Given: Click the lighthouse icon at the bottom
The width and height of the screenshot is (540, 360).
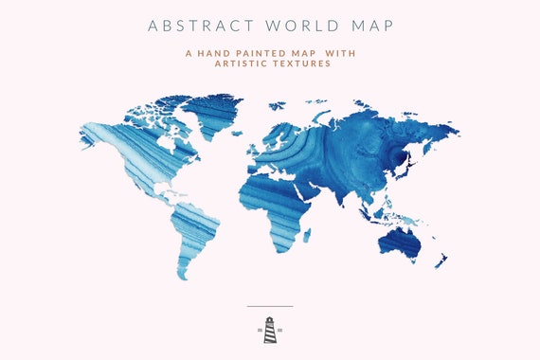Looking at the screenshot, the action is (x=270, y=330).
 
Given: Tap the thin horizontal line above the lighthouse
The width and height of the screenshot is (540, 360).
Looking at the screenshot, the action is (x=270, y=307).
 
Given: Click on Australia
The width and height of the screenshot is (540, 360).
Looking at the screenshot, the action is (x=400, y=243).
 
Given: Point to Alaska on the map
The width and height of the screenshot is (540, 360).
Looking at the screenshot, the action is (x=95, y=133).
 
